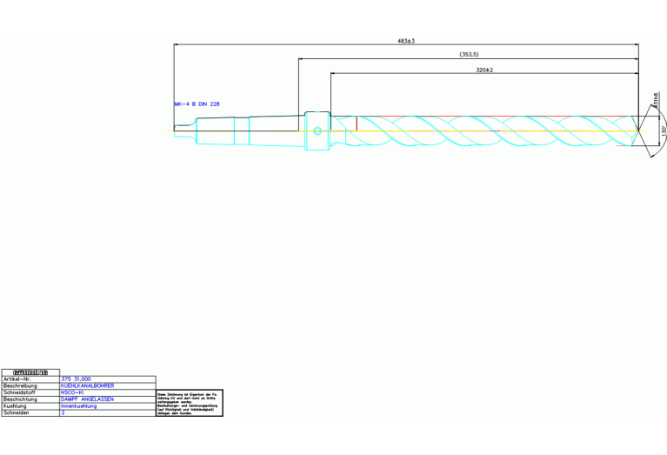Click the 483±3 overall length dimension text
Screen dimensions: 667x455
tap(406, 40)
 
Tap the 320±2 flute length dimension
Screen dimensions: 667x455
tap(485, 70)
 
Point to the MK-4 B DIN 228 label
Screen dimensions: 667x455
tap(197, 104)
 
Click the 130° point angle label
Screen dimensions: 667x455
tap(663, 132)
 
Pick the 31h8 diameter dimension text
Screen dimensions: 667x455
tap(656, 104)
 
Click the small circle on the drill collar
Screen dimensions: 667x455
tap(317, 131)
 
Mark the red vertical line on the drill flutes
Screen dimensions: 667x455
tap(357, 124)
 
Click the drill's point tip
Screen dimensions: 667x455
tap(641, 131)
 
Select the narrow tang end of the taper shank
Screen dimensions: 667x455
tap(183, 130)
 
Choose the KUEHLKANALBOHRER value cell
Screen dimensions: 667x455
tap(87, 385)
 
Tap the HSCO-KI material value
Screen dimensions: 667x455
tap(72, 392)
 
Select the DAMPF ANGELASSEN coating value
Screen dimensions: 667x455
tap(87, 399)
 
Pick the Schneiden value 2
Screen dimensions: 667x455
tap(63, 413)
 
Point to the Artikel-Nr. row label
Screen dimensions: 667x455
tap(18, 379)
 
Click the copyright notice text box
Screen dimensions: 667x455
tap(190, 404)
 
